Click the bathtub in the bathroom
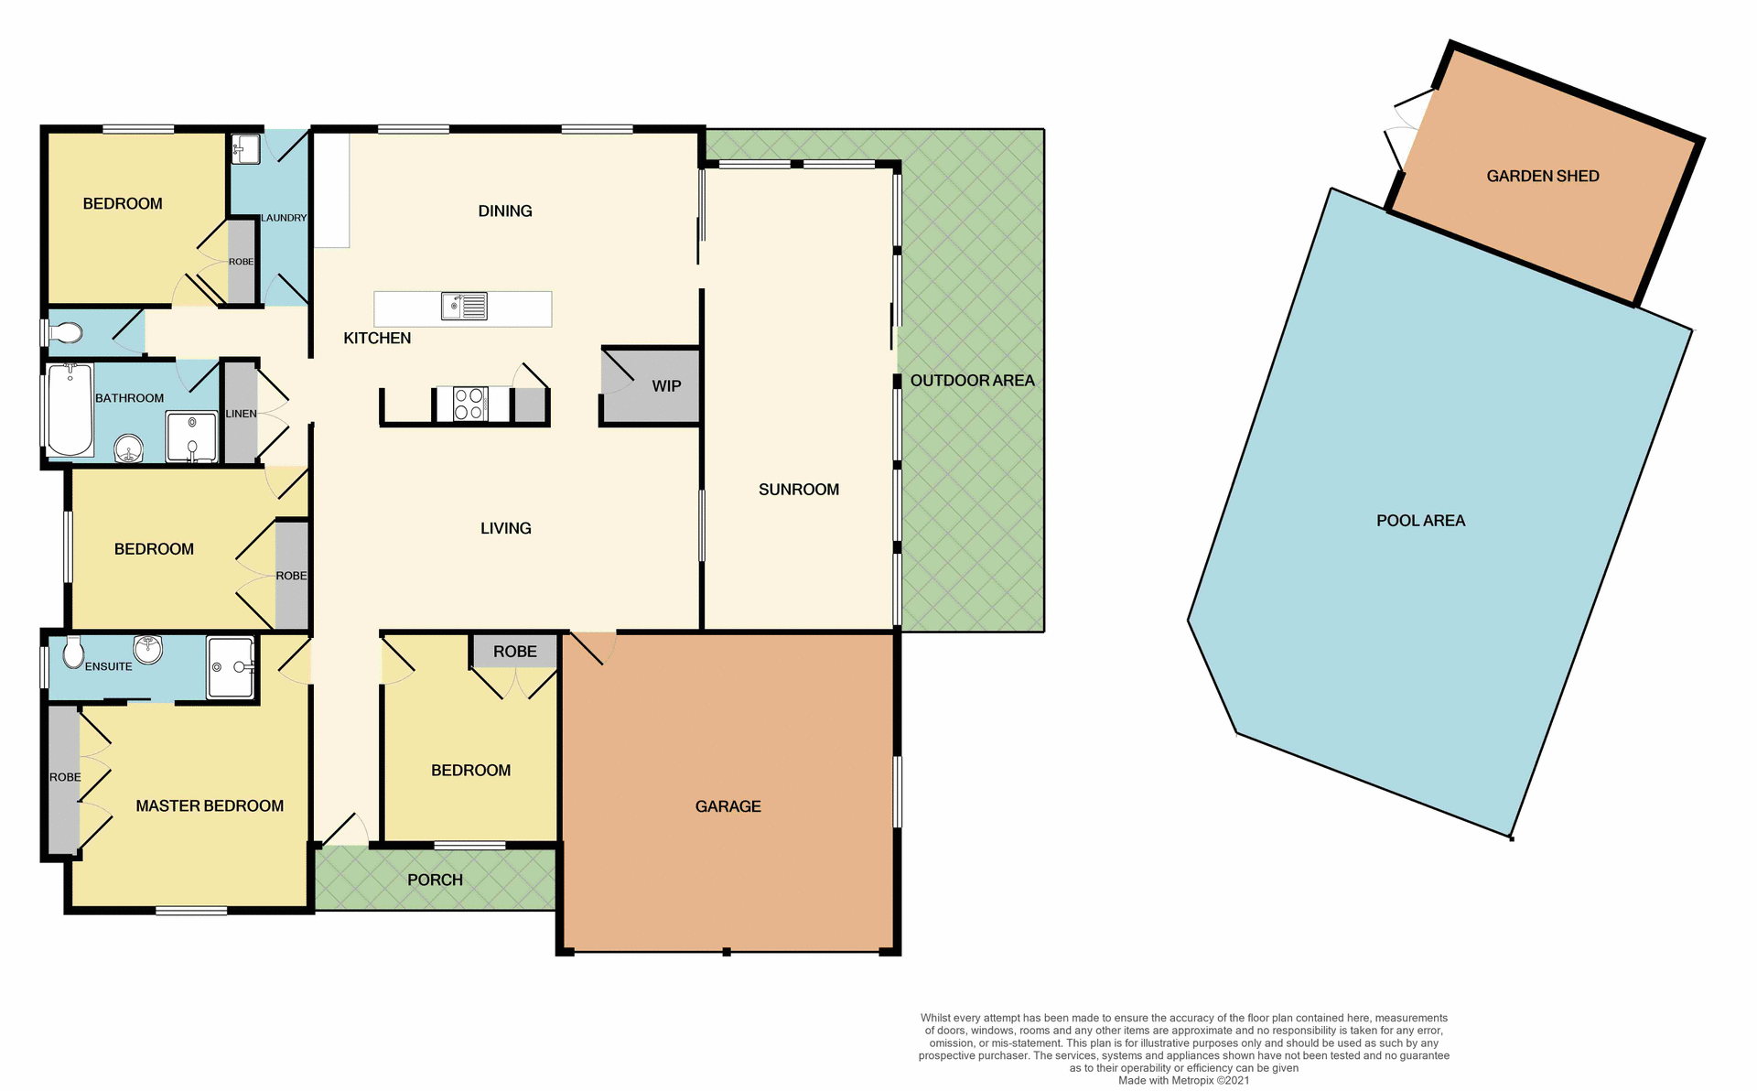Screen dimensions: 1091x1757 [x=70, y=409]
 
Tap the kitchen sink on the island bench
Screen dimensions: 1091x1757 [x=465, y=306]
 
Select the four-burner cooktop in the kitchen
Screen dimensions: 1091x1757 [x=469, y=404]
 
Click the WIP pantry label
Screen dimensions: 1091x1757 [x=666, y=386]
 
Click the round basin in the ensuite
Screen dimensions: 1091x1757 [x=147, y=649]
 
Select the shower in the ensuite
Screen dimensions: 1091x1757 [x=230, y=667]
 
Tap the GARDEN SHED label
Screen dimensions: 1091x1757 [x=1542, y=176]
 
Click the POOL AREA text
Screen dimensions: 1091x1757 [x=1420, y=521]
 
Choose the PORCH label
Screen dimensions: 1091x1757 [x=435, y=880]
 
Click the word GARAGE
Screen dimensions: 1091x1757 [x=728, y=806]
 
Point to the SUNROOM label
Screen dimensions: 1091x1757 [x=798, y=490]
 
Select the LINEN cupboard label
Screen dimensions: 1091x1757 [x=241, y=414]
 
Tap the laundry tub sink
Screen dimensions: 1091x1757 [x=245, y=148]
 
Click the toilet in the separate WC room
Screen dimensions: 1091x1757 [x=66, y=333]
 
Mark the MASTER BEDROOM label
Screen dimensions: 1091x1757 [x=210, y=805]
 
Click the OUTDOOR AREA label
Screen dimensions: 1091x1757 [x=972, y=381]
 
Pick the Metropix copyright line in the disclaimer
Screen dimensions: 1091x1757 [x=1183, y=1080]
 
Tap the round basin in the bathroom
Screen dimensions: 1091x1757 [x=129, y=449]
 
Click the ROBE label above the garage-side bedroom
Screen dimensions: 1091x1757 [x=514, y=652]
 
